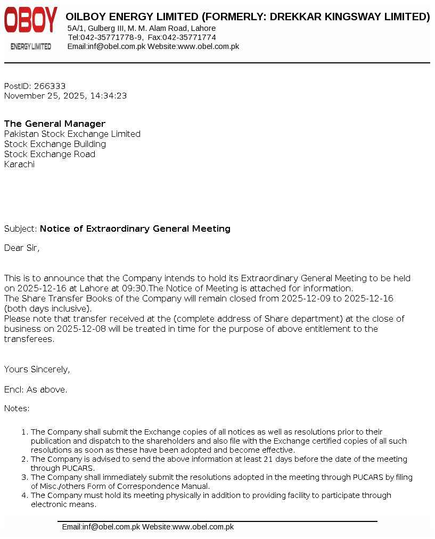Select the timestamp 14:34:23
pyautogui.click(x=109, y=96)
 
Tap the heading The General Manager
pyautogui.click(x=55, y=124)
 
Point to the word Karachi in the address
pyautogui.click(x=19, y=165)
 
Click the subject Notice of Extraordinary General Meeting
pyautogui.click(x=135, y=229)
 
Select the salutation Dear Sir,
pyautogui.click(x=22, y=248)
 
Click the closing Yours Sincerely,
pyautogui.click(x=37, y=370)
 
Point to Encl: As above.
pyautogui.click(x=36, y=390)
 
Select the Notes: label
pyautogui.click(x=17, y=409)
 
